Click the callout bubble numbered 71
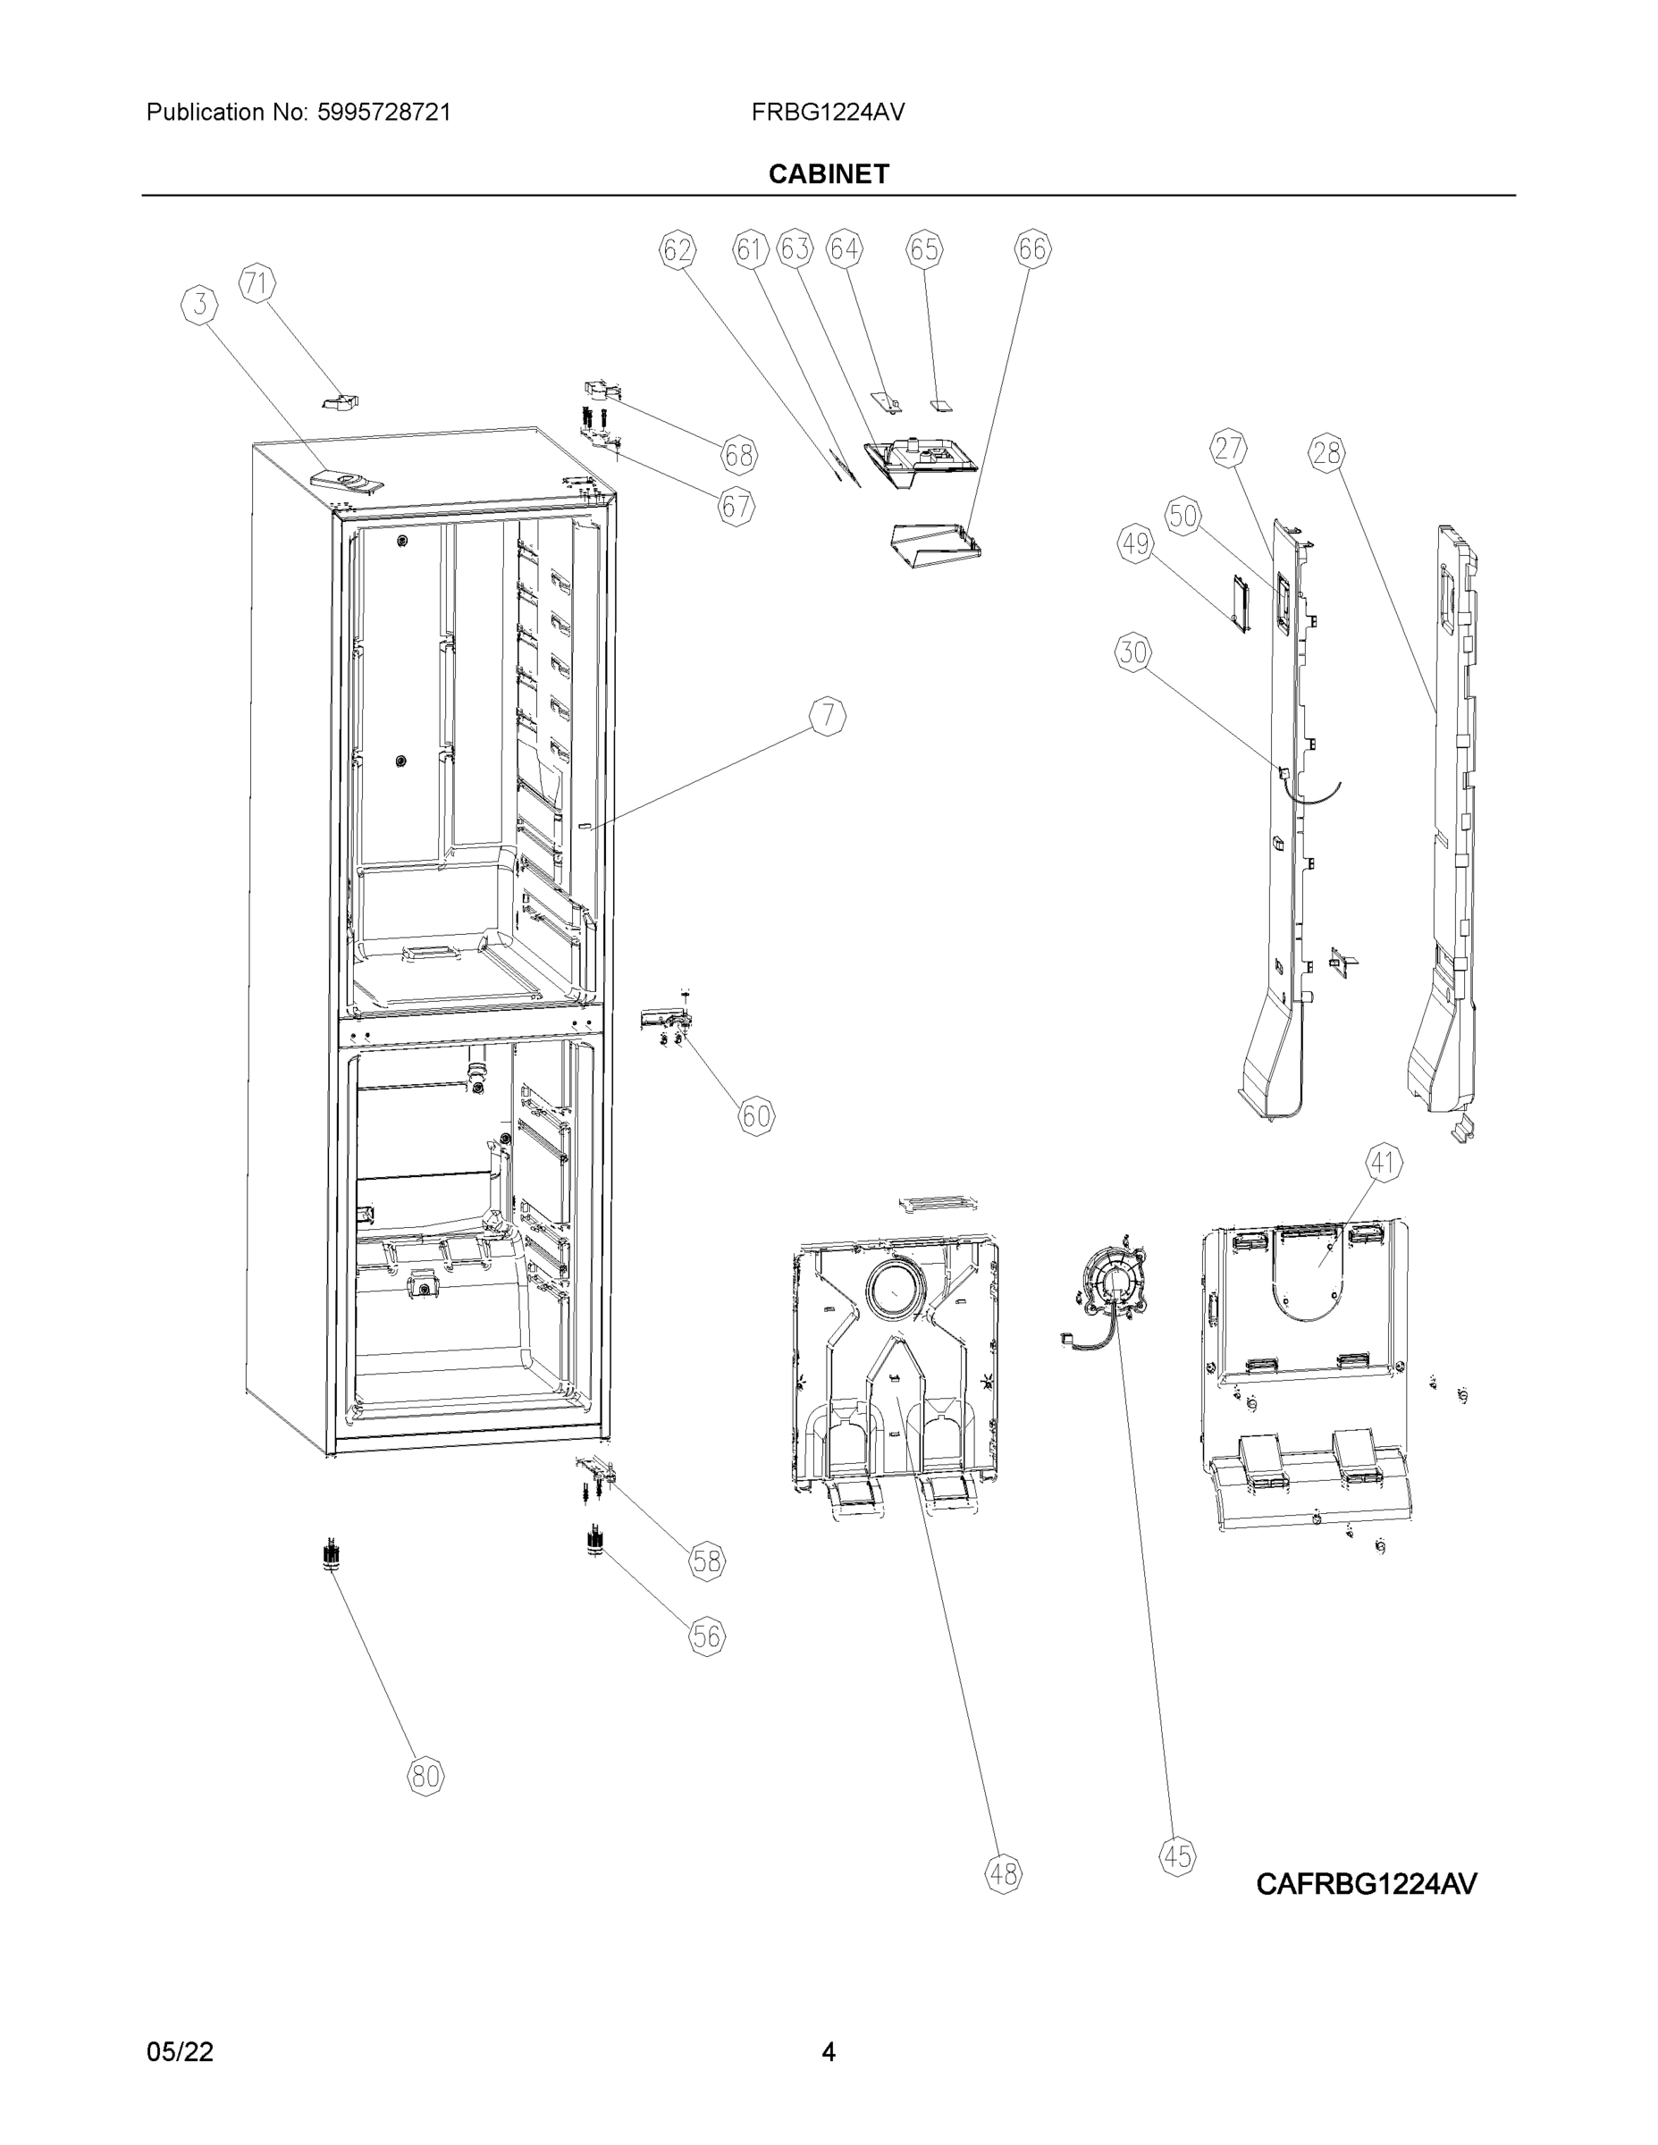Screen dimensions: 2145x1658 [257, 284]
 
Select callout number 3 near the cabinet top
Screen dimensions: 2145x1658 [200, 305]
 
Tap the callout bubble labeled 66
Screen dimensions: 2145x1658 [1031, 249]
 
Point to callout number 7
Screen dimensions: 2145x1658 [828, 716]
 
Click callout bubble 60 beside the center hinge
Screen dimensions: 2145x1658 [755, 1115]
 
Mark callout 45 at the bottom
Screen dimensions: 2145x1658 [1177, 1856]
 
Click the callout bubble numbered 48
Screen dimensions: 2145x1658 [1003, 1874]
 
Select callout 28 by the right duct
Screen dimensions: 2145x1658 [1326, 453]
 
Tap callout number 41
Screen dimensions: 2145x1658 [1383, 1163]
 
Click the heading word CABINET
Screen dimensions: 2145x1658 [828, 174]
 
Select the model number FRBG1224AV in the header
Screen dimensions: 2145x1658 [827, 112]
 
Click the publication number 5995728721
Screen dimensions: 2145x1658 [383, 112]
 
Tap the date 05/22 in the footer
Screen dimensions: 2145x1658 [180, 2052]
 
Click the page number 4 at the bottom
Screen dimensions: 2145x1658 [828, 2052]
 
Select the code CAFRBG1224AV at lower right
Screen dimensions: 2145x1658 [1366, 1884]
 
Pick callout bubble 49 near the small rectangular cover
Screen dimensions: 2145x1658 [1135, 543]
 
